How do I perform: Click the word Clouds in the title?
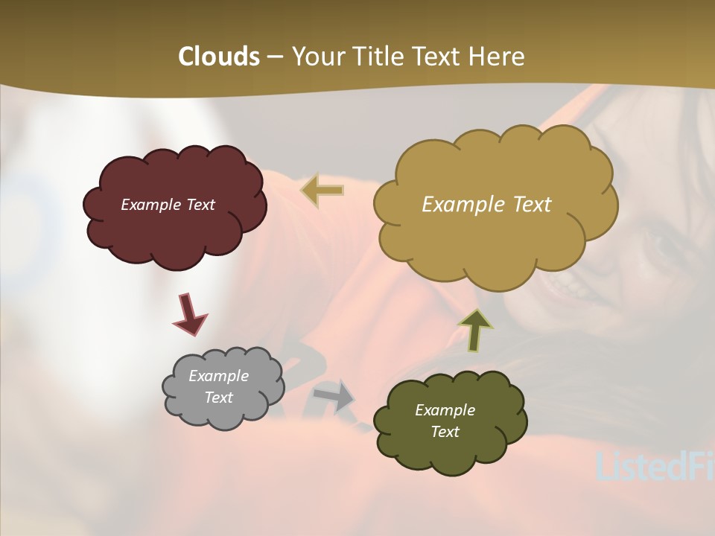click(218, 57)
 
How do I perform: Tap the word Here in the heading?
click(498, 57)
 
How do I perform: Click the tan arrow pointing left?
click(322, 190)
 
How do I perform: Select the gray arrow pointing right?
click(334, 394)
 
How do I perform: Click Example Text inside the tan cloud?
click(486, 204)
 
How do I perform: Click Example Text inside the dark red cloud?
click(168, 205)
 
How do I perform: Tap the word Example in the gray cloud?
click(218, 376)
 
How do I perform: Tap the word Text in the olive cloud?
click(445, 432)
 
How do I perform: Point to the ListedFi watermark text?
click(655, 465)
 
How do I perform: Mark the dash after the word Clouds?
click(274, 57)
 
